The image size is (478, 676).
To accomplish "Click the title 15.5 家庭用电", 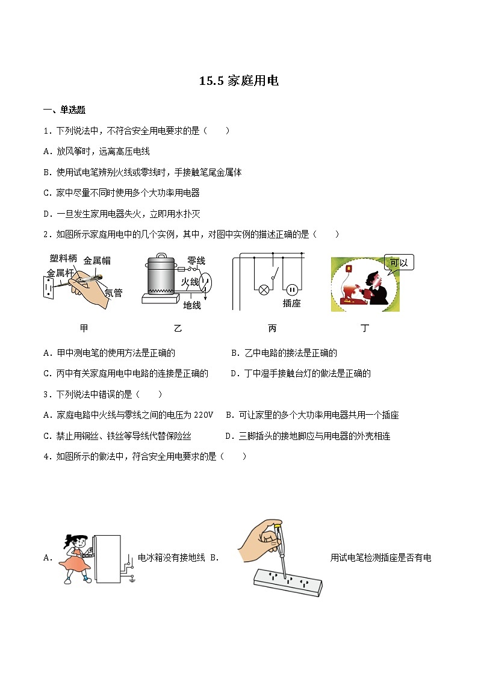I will (x=239, y=81).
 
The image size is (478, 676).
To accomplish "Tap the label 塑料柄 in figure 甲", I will (x=63, y=258).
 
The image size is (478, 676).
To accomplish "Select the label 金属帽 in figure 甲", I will (x=97, y=261).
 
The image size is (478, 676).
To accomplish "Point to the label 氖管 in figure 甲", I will (x=113, y=293).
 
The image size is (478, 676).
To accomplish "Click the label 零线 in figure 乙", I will (x=196, y=261).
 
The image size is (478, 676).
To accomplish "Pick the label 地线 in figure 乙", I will (x=192, y=305).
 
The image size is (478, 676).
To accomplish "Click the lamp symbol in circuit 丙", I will (x=263, y=289).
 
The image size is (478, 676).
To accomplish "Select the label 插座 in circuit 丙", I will (x=291, y=303).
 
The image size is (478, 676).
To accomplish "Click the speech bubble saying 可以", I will (x=399, y=263).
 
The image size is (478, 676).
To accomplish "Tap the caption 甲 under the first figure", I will (x=84, y=328).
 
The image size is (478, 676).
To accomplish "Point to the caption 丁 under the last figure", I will (x=365, y=328).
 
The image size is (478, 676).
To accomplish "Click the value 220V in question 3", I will (x=204, y=415).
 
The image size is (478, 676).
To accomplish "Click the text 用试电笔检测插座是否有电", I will (x=380, y=557).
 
